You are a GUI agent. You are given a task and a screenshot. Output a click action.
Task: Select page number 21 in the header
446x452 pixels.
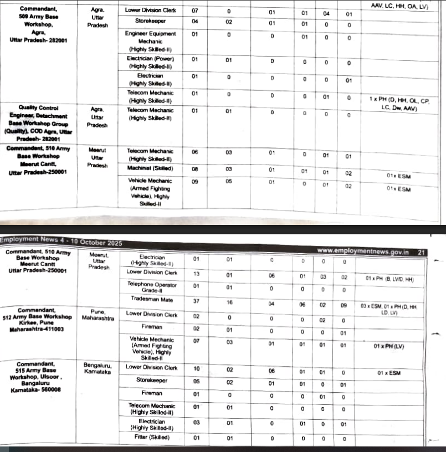pos(422,252)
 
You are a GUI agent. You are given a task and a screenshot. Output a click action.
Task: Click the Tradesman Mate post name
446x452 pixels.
pos(152,299)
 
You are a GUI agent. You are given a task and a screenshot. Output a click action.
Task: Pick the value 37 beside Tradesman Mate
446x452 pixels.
pos(196,301)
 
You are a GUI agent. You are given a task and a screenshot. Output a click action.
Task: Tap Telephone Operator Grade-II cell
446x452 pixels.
pos(152,287)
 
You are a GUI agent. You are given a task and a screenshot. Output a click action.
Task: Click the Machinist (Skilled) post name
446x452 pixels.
pos(150,168)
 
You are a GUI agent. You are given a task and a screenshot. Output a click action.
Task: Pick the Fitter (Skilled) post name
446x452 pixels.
pos(152,438)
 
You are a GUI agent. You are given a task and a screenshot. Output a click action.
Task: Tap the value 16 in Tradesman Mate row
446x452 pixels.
pos(229,301)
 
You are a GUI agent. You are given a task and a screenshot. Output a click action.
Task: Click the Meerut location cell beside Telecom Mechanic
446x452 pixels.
pos(98,157)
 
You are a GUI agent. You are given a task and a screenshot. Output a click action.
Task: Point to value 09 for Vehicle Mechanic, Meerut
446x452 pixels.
pos(195,181)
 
